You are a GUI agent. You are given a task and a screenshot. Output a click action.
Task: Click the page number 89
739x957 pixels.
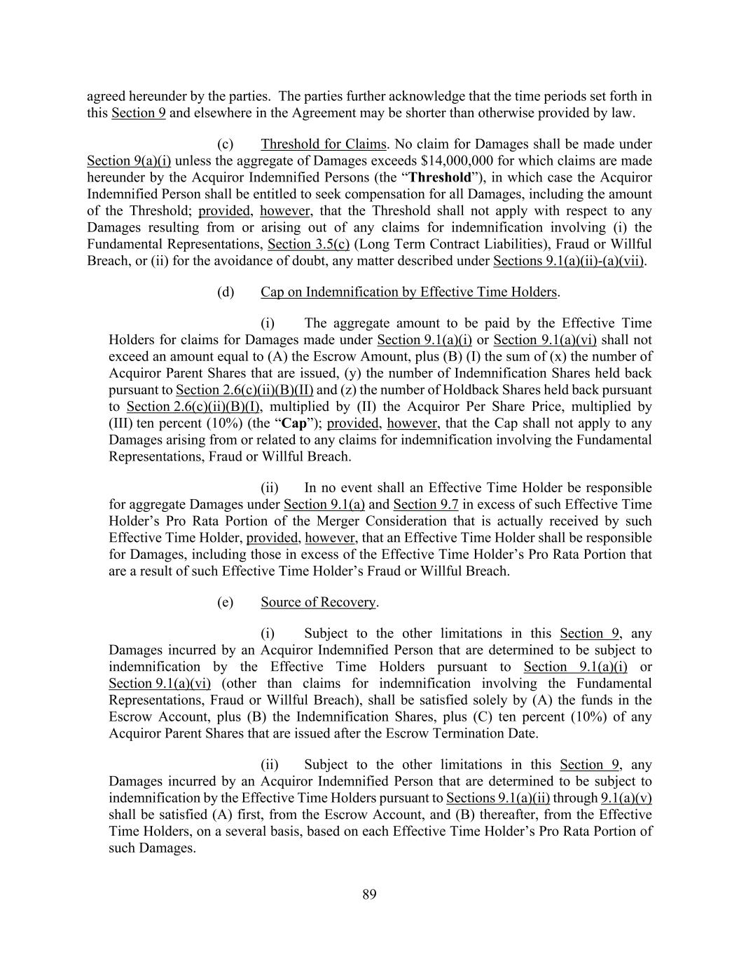370,894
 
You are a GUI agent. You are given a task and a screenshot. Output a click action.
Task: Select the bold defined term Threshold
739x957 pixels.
440,177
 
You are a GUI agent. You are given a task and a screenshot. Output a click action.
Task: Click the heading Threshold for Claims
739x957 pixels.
323,144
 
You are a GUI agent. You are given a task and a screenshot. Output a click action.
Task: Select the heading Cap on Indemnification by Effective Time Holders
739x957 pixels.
409,292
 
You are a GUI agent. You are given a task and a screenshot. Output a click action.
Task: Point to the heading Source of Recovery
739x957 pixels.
319,602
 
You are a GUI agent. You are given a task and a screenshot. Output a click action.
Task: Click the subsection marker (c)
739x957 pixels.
226,144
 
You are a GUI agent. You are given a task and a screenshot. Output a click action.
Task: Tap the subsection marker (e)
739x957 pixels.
226,602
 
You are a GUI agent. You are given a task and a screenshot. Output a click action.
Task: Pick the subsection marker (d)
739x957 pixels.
226,292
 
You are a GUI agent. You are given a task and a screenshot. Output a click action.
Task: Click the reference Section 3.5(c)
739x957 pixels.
308,244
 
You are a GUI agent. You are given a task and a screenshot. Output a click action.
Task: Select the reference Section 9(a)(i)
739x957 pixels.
129,161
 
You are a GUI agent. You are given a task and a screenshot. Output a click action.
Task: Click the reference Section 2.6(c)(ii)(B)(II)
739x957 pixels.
244,390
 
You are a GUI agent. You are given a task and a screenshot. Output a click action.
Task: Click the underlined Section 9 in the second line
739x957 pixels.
139,113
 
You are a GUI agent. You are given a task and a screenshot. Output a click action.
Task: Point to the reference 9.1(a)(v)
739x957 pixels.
626,798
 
